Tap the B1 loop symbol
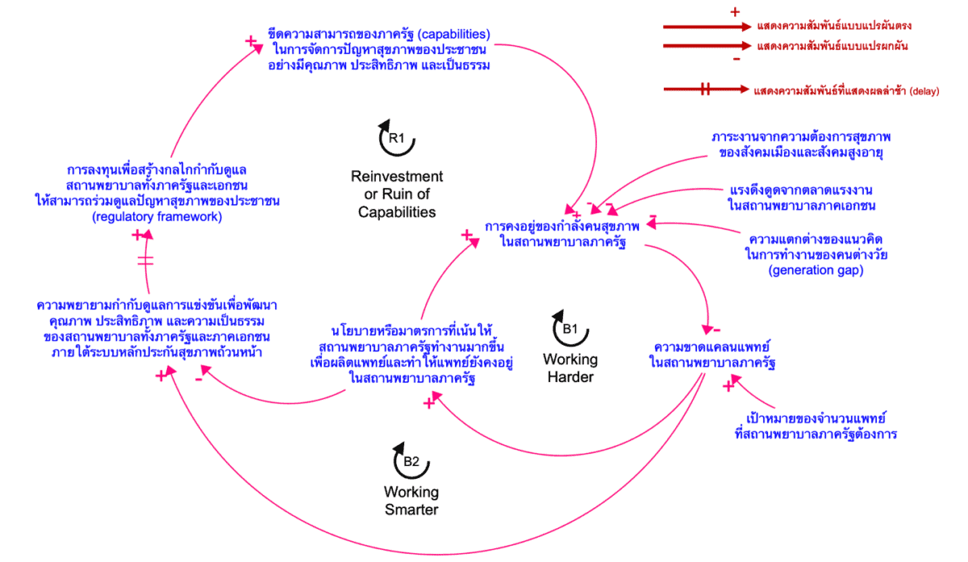[x=570, y=329]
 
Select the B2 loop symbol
[x=411, y=461]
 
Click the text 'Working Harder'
[x=570, y=368]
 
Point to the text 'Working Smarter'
[x=411, y=501]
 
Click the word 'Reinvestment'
[x=397, y=176]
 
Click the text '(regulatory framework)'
[x=146, y=217]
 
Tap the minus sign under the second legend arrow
[x=735, y=60]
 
